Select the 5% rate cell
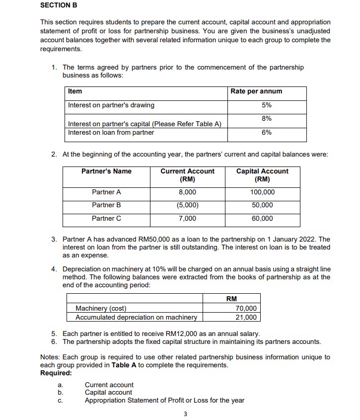267,105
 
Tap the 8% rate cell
267,118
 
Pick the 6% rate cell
267,133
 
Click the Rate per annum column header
256,91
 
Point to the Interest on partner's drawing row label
111,105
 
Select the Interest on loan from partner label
111,133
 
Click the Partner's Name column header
106,171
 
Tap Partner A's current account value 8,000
187,192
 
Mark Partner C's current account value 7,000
187,219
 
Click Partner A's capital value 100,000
262,192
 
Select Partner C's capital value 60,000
262,219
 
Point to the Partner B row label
106,205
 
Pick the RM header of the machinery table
231,299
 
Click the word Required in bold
56,373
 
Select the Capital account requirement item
109,393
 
